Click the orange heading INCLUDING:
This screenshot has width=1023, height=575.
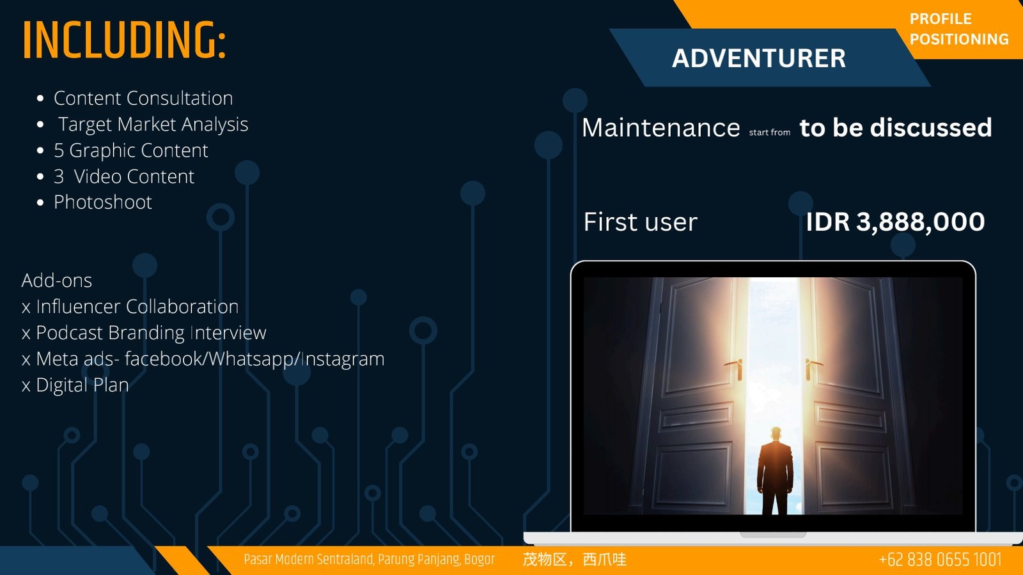click(x=124, y=40)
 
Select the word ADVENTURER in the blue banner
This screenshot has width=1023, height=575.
click(x=758, y=58)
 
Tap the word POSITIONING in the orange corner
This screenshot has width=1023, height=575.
click(x=959, y=39)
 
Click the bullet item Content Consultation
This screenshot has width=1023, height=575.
click(x=143, y=98)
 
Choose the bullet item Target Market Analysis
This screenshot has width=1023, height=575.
click(x=153, y=125)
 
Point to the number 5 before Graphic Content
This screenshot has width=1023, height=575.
click(x=59, y=151)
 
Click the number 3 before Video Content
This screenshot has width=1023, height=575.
click(x=59, y=176)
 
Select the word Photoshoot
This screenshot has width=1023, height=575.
click(x=103, y=202)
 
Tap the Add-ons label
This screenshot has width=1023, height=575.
click(x=57, y=280)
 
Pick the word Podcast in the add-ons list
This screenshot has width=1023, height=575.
click(x=70, y=333)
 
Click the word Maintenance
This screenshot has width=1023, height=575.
click(x=661, y=127)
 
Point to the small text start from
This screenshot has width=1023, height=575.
click(x=770, y=132)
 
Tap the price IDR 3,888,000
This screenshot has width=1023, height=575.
click(x=895, y=222)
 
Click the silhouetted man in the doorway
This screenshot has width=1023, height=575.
click(x=775, y=470)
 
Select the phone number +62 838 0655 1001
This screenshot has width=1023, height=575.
click(x=940, y=560)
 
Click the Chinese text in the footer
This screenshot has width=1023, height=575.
click(x=575, y=560)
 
